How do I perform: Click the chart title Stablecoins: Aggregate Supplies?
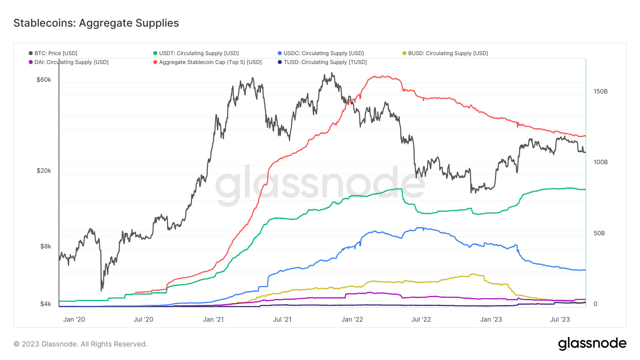[96, 23]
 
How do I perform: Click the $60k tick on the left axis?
[44, 80]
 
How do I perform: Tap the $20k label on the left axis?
[44, 171]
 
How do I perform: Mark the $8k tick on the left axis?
[46, 246]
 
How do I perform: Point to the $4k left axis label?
[46, 304]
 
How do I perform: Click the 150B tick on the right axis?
[601, 91]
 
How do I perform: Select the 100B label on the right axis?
[601, 162]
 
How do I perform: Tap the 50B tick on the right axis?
[599, 233]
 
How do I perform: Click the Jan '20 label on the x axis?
[74, 319]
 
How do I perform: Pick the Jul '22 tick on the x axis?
[421, 319]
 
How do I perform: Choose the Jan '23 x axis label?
[491, 319]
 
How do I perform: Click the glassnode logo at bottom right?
[592, 344]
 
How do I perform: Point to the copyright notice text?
[80, 344]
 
